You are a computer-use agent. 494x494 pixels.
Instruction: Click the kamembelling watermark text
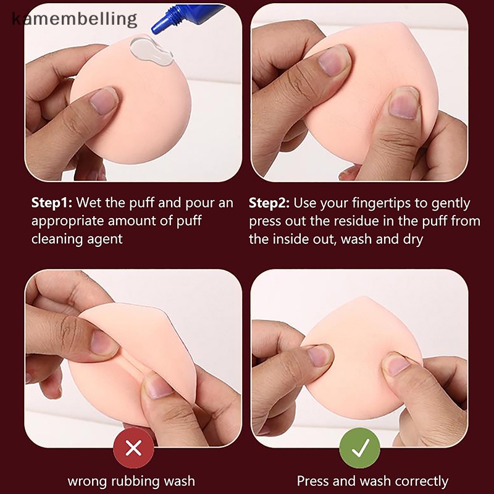point(74,19)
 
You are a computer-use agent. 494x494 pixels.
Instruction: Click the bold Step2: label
point(270,203)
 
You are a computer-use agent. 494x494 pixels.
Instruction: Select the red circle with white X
point(133,448)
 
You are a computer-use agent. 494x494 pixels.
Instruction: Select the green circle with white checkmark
point(361,448)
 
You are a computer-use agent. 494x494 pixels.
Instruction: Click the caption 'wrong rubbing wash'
point(131,480)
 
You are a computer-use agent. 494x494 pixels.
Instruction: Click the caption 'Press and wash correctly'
point(372,480)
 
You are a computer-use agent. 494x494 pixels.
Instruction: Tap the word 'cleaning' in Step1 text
point(57,238)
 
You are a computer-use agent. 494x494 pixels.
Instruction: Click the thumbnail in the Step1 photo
point(104,100)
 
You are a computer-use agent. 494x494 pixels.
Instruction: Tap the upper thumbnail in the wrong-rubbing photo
point(103,341)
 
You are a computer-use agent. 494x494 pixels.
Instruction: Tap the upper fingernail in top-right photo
point(333,62)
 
